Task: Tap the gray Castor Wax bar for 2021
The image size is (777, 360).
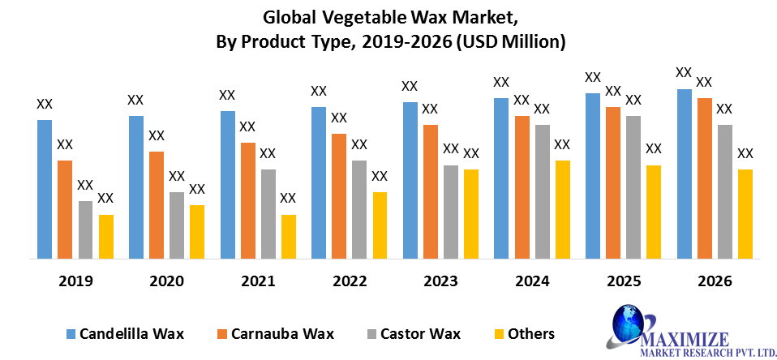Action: tap(268, 214)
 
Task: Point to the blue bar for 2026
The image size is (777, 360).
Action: tap(685, 174)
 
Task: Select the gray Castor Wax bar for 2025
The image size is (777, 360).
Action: tap(633, 187)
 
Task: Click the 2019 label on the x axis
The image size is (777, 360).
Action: tap(75, 281)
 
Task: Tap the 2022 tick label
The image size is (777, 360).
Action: tap(350, 281)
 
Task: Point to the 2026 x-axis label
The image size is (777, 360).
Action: tap(715, 281)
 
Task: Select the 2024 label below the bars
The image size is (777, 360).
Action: tap(532, 281)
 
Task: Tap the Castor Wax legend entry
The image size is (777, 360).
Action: tap(414, 333)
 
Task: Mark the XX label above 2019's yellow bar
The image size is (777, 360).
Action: tap(105, 198)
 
